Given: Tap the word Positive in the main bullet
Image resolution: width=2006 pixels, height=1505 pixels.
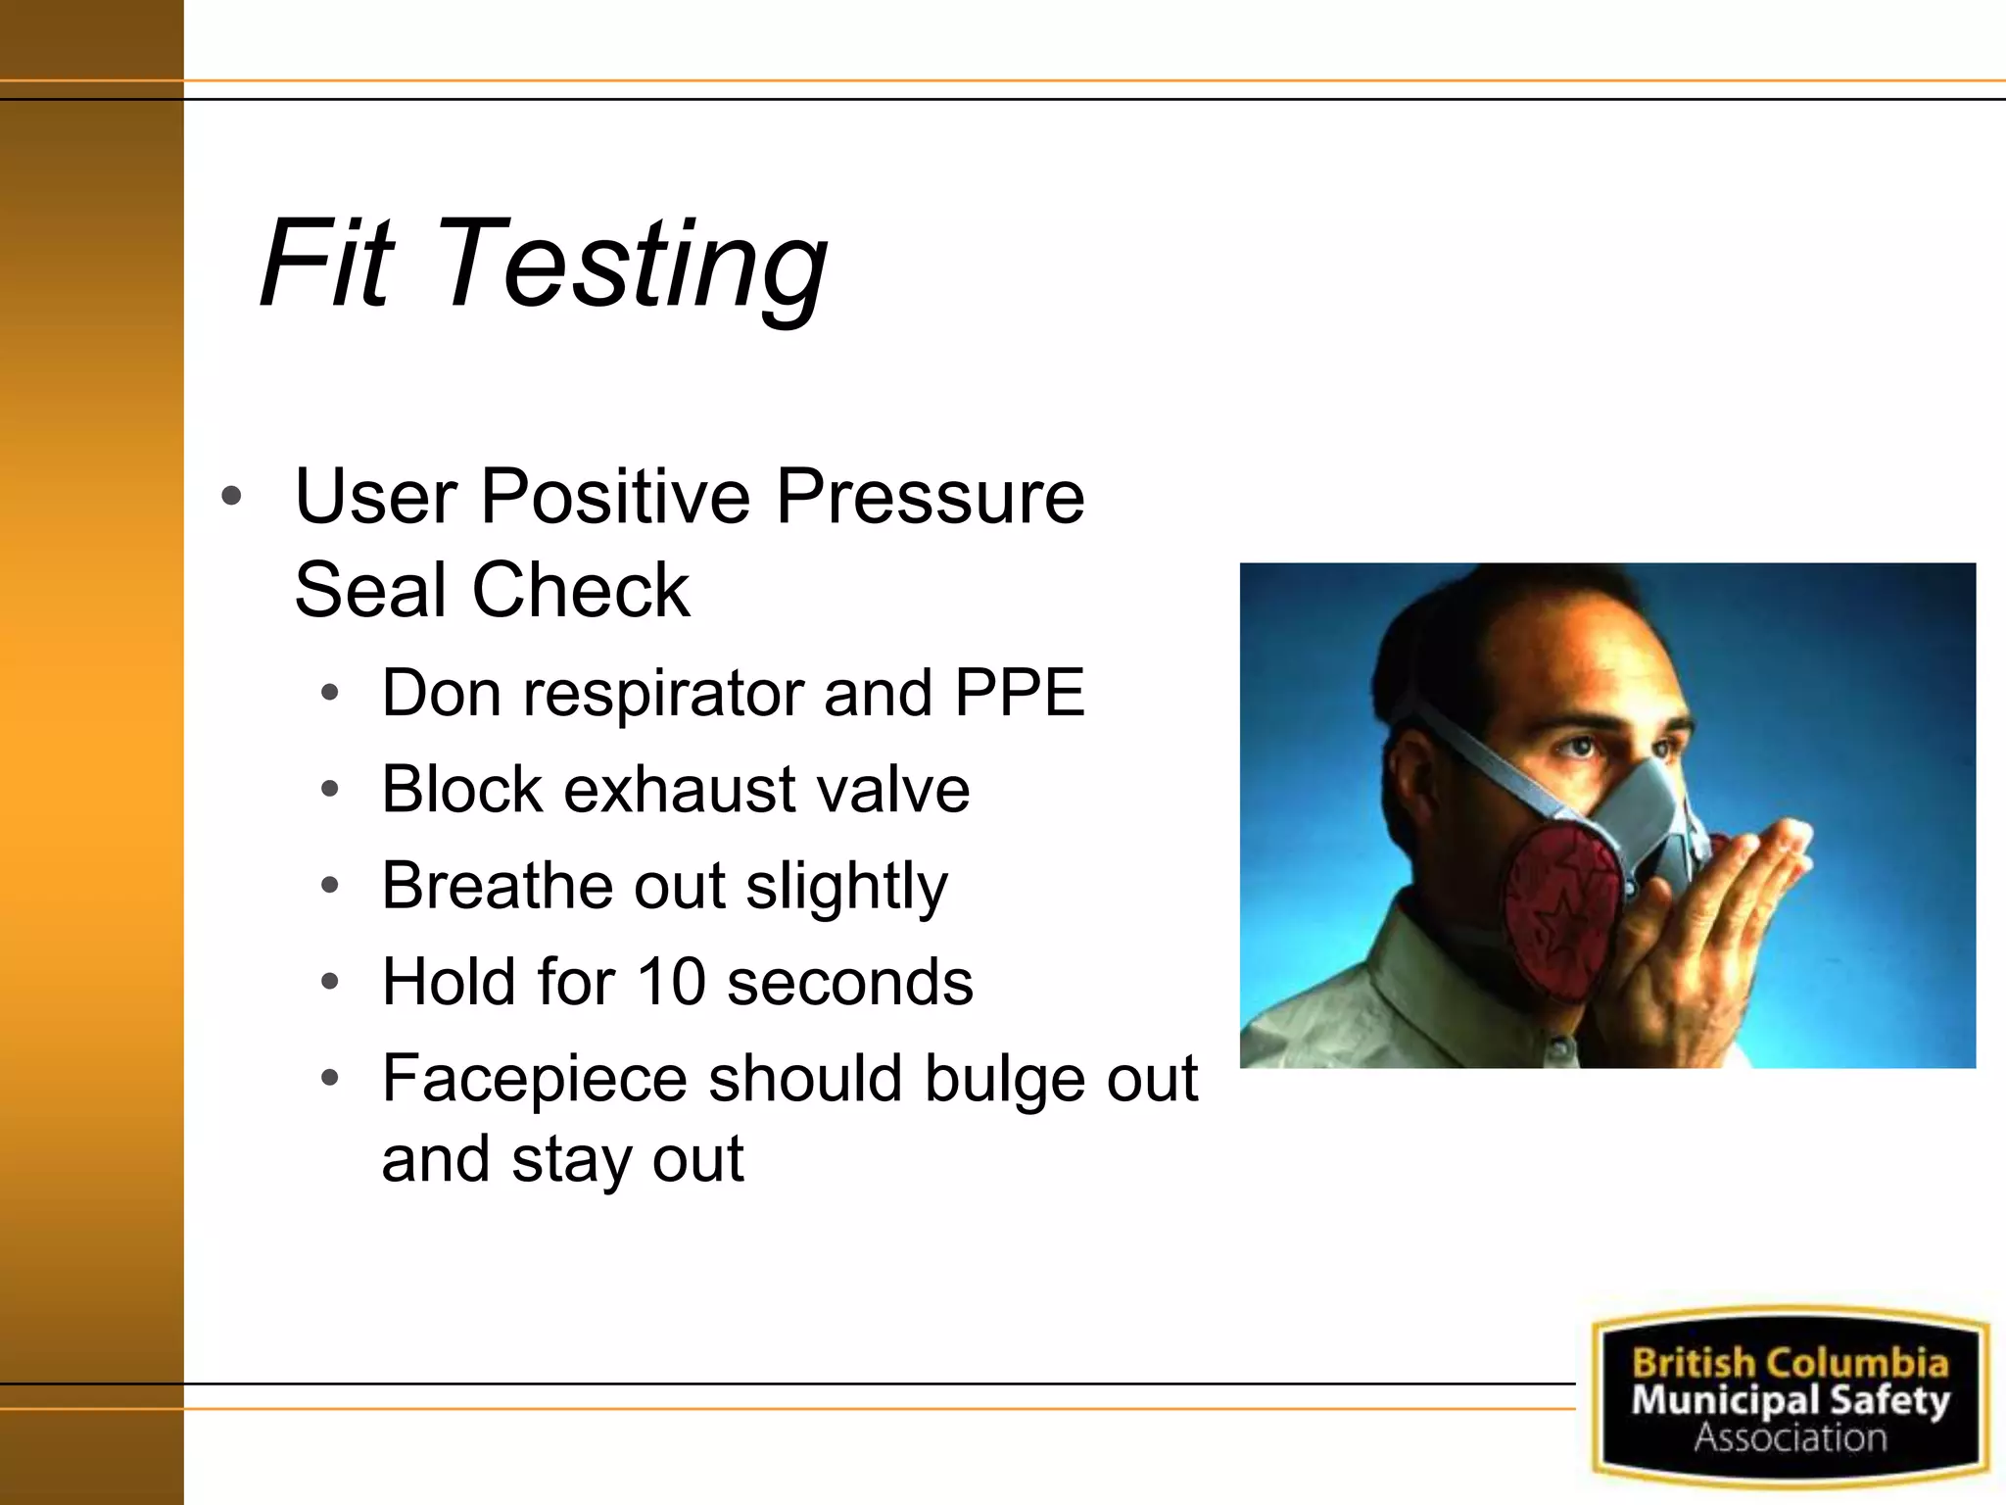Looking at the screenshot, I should [614, 497].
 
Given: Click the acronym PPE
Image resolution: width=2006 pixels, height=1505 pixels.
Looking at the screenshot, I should [1019, 693].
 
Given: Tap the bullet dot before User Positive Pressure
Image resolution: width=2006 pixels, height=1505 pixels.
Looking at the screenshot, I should [231, 497].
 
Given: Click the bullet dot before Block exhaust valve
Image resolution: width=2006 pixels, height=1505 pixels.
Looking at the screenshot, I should [330, 789].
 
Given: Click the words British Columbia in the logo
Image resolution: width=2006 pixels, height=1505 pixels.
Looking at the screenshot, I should [1790, 1363].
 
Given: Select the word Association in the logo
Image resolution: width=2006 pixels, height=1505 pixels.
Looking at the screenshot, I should [1790, 1437].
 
